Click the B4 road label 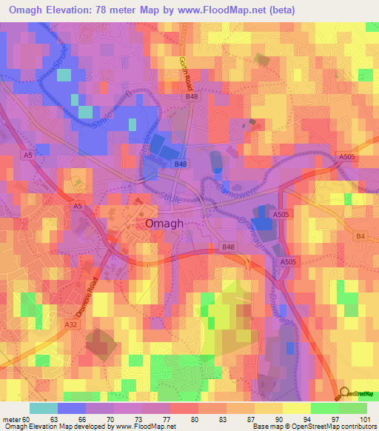click(361, 236)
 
